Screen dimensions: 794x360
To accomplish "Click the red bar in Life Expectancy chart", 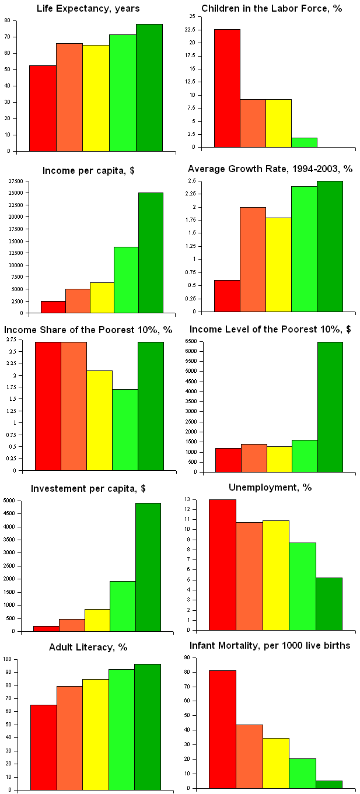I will point(43,108).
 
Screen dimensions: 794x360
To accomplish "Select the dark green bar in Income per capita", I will point(151,252).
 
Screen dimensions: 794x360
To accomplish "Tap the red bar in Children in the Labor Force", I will point(227,88).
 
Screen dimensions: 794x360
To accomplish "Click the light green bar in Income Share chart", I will point(125,429).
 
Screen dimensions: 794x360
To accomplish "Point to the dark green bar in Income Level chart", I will point(330,407).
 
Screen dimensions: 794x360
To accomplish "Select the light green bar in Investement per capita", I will point(123,606).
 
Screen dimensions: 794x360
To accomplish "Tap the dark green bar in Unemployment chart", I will point(329,604).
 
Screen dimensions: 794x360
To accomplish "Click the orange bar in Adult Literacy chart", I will point(69,739).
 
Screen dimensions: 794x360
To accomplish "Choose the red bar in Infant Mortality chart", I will point(222,729).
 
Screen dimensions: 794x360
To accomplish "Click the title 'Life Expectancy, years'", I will point(88,8).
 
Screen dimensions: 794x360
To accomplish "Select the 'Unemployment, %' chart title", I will point(270,488).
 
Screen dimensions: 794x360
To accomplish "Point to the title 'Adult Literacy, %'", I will point(88,647).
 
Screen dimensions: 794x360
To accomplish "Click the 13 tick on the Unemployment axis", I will point(202,499).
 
